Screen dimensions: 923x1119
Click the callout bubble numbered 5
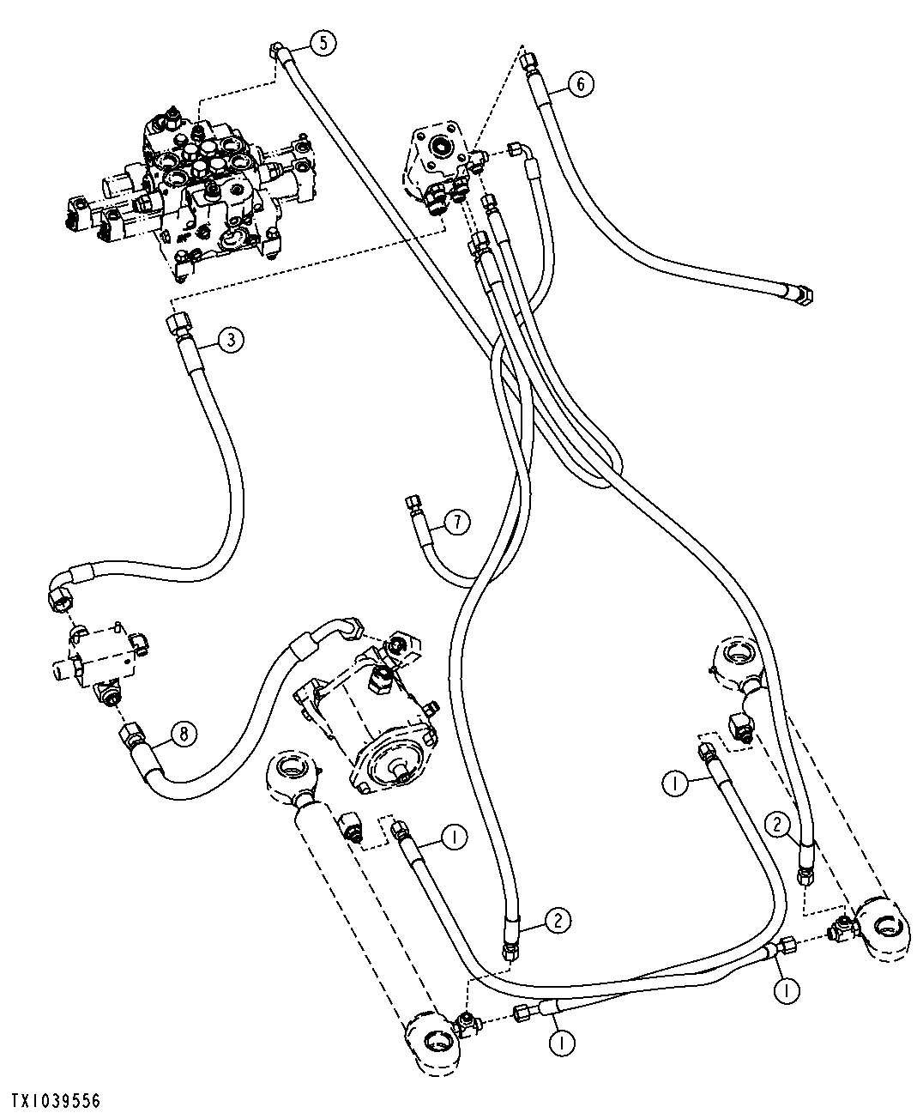[x=323, y=42]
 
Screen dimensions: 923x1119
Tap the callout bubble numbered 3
[x=232, y=340]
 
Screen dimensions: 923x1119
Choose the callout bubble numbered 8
[x=184, y=734]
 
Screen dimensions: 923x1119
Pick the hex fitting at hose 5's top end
[x=277, y=51]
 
